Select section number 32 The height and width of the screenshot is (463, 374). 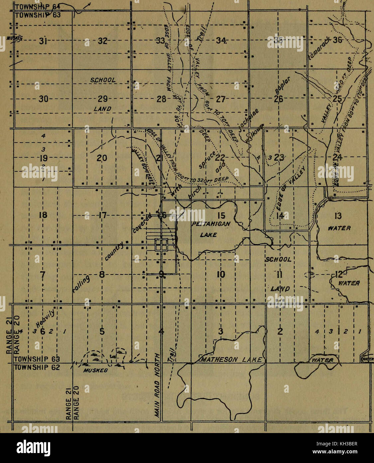tap(102, 41)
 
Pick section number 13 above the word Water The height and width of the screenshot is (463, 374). tap(337, 216)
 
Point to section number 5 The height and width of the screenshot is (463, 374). tap(102, 331)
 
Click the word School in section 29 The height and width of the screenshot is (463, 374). tap(103, 80)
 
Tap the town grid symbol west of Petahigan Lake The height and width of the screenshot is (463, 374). tap(161, 244)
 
